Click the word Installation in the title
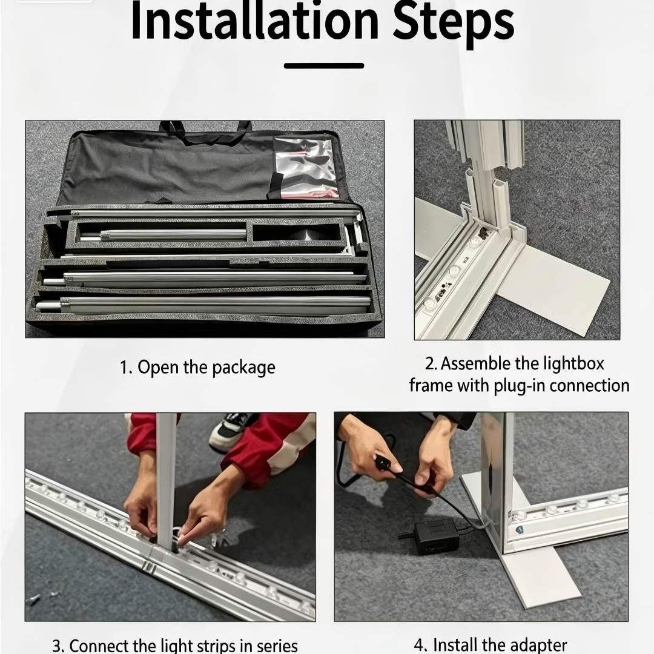click(x=255, y=21)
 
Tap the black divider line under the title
click(x=324, y=65)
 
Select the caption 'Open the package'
click(x=206, y=368)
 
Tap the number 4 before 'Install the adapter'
click(x=420, y=646)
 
